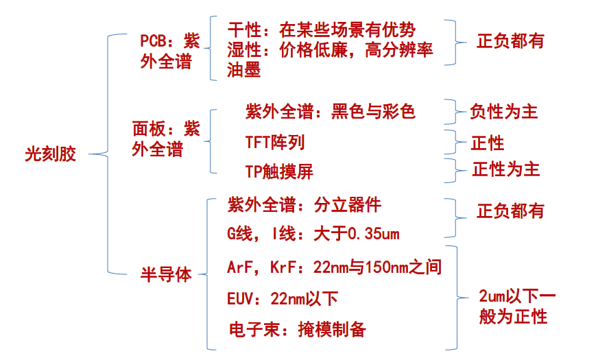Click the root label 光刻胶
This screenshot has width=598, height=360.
click(x=50, y=154)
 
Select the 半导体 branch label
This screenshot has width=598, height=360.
click(x=166, y=274)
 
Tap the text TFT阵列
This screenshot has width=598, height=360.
click(x=274, y=143)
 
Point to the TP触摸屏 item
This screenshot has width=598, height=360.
click(x=279, y=171)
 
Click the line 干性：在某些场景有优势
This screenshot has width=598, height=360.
click(x=321, y=30)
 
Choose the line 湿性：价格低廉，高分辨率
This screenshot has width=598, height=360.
click(x=330, y=50)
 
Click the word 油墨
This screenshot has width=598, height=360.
click(x=243, y=70)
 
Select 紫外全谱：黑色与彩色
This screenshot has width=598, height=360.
click(x=330, y=112)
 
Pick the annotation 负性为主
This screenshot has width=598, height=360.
click(x=503, y=112)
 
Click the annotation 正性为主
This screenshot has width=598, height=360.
click(x=505, y=169)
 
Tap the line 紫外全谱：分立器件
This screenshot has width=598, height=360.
click(x=304, y=205)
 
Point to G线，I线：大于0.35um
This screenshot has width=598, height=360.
click(x=313, y=233)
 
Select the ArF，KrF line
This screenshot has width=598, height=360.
click(x=334, y=267)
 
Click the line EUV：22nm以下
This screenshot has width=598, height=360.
click(x=283, y=298)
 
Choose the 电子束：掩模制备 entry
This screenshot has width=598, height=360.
click(x=298, y=330)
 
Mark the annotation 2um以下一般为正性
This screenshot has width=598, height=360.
click(x=517, y=307)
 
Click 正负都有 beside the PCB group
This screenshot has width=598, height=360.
click(x=510, y=41)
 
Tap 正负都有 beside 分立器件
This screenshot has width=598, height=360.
click(x=510, y=211)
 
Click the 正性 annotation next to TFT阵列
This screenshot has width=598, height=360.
click(x=487, y=143)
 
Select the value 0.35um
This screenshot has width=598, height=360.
click(x=374, y=233)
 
